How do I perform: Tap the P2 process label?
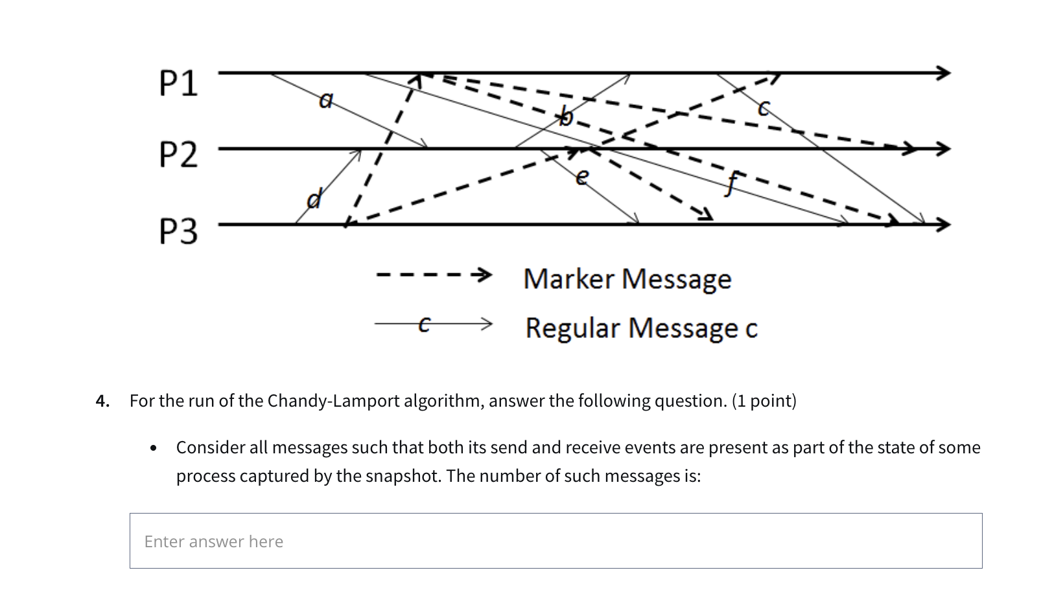click(178, 155)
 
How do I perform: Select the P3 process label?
click(178, 231)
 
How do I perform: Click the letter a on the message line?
click(326, 100)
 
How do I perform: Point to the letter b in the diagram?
click(566, 117)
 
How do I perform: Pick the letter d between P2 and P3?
click(314, 198)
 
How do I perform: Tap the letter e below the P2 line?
click(582, 176)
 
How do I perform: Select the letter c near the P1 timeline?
click(764, 108)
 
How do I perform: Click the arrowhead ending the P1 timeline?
click(943, 73)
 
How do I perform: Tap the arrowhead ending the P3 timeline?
click(943, 225)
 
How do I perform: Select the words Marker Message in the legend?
click(627, 279)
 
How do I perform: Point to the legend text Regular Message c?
click(641, 328)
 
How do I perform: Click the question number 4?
click(102, 401)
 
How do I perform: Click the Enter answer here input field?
click(556, 541)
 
